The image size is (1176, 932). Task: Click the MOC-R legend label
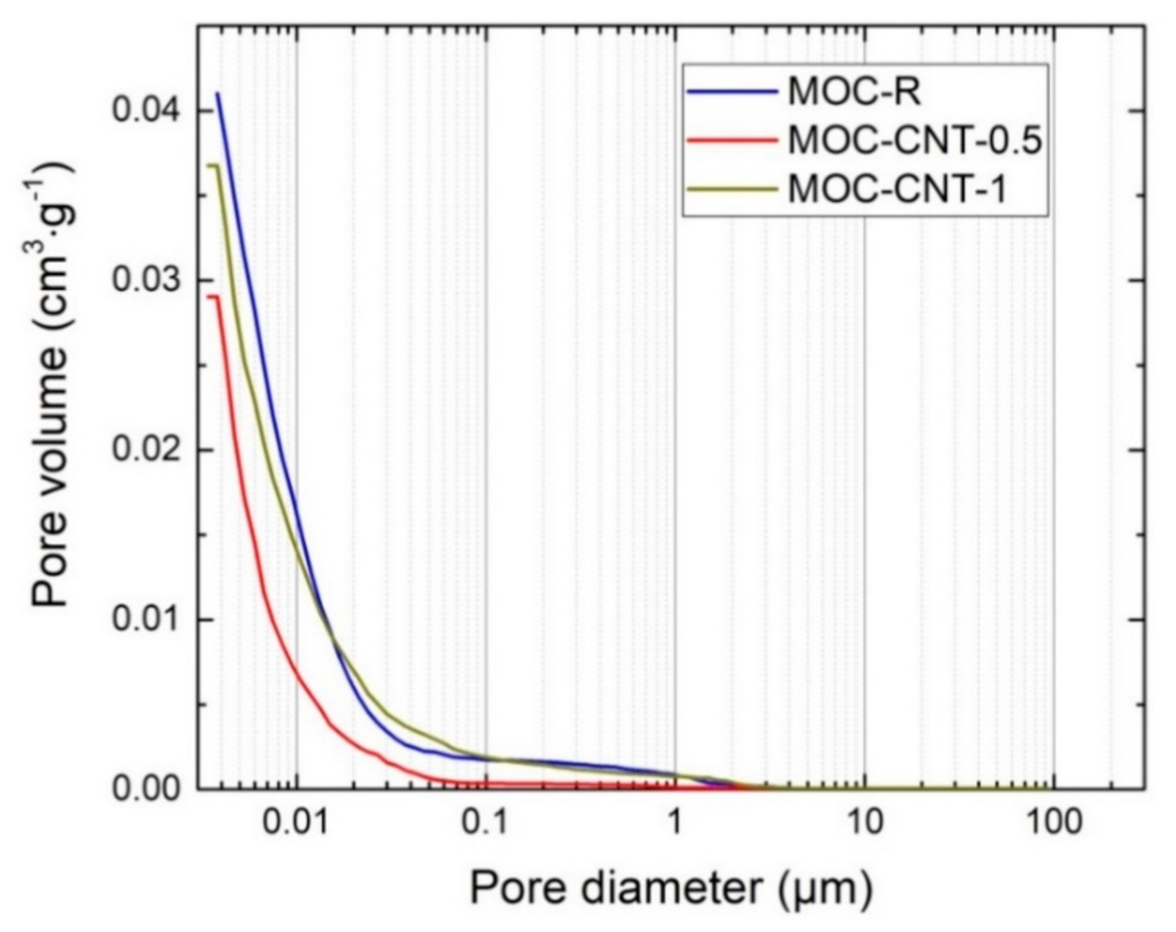853,91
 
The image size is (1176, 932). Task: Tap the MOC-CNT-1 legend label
897,189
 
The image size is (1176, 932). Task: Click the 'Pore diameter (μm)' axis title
671,888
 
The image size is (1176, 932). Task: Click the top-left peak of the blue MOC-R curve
217,93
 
